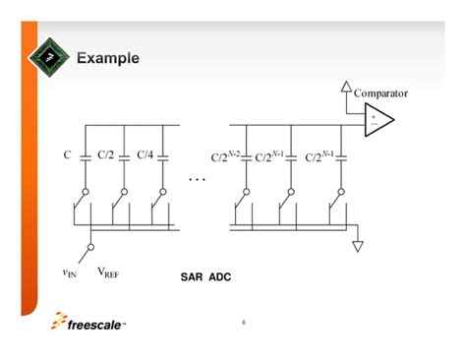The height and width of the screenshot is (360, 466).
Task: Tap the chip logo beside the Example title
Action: point(52,58)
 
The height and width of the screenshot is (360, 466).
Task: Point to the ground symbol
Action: point(358,246)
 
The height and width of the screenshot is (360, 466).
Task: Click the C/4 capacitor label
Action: point(145,155)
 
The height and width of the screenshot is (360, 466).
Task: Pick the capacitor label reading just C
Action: point(69,155)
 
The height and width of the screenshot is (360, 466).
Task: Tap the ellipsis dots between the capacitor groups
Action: point(197,181)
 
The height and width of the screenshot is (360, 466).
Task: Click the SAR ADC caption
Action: point(205,277)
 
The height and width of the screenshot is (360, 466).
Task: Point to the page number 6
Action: point(243,322)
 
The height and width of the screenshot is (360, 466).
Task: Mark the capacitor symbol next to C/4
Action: point(164,155)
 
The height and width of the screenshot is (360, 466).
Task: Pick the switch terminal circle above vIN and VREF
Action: point(89,248)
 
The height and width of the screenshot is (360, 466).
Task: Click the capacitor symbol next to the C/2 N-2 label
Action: point(247,155)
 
